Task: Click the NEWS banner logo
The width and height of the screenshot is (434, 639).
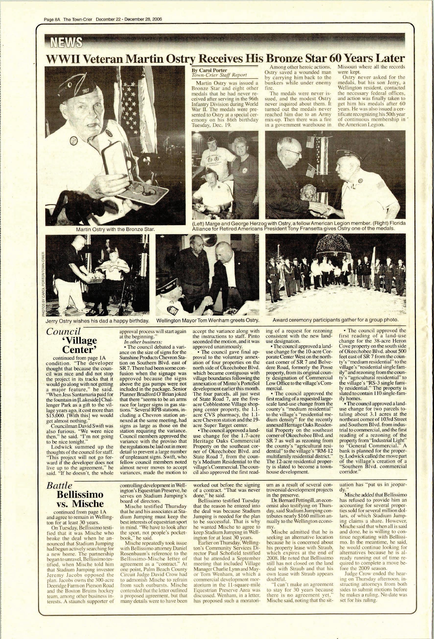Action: click(65, 42)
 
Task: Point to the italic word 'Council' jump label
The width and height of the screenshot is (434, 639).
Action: click(64, 331)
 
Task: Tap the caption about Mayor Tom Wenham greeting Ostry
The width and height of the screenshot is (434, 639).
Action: click(208, 321)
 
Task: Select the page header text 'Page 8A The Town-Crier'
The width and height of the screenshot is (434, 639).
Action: click(70, 19)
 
